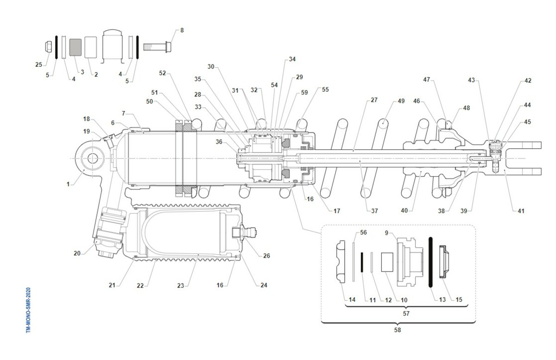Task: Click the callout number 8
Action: tap(182, 30)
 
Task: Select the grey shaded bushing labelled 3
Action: tap(75, 47)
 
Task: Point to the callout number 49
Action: tap(401, 101)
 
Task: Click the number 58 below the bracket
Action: tap(398, 330)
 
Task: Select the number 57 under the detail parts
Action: tap(406, 313)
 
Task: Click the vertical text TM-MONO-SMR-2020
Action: tap(29, 309)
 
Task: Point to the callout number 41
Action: tap(521, 211)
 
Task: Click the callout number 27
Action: tap(374, 101)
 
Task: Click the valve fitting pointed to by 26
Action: tap(244, 231)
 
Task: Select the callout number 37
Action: tap(374, 211)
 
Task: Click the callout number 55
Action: tap(325, 89)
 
